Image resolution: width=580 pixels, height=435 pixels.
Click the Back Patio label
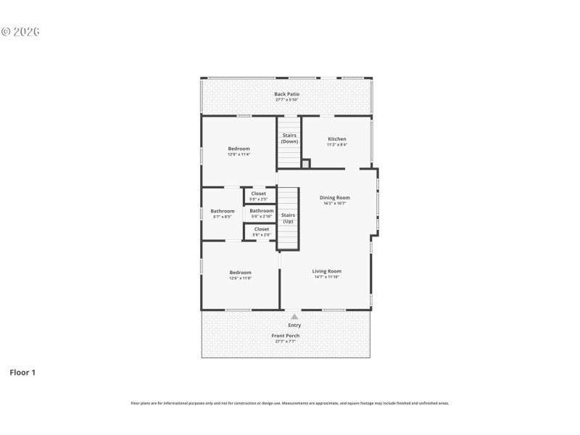point(286,94)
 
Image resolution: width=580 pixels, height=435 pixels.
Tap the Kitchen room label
point(337,138)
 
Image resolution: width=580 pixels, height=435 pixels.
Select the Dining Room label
point(335,197)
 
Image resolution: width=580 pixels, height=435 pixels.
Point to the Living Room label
point(327,271)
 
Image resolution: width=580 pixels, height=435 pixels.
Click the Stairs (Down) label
point(289,138)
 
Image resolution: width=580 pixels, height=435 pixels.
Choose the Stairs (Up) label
point(288,217)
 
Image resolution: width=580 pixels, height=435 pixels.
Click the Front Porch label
point(286,336)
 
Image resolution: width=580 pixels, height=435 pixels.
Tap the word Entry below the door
point(294,326)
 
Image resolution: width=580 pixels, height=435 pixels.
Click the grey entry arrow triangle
point(294,316)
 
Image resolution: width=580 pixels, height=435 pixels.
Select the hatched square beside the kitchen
point(305,164)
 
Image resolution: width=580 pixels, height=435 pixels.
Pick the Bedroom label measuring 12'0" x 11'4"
point(239,149)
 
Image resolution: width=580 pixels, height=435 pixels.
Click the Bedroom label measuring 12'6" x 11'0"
point(241,273)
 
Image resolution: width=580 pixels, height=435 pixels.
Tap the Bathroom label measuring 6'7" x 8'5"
point(223,211)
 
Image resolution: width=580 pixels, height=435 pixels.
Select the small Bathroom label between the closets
point(262,211)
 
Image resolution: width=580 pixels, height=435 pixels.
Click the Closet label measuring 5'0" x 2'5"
point(259,194)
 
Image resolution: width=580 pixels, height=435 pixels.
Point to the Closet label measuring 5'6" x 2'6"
point(261,229)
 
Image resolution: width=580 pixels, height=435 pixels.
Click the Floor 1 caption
point(22,372)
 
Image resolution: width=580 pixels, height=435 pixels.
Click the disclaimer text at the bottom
point(289,402)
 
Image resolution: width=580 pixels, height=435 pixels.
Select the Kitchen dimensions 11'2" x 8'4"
point(337,145)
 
